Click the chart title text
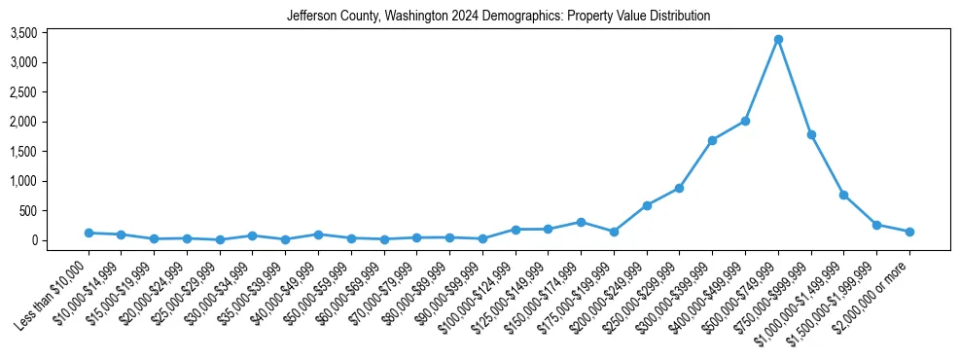tap(498, 17)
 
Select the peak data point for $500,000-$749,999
tap(778, 40)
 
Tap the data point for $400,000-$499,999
tap(745, 121)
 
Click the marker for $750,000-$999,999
tap(810, 134)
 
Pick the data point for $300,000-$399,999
tap(712, 140)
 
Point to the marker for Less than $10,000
tap(89, 233)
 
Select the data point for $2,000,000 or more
tap(909, 232)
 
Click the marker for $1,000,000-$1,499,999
tap(843, 195)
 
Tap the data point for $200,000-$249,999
tap(647, 205)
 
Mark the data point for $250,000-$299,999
tap(679, 188)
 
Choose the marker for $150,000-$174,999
tap(581, 222)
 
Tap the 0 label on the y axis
tap(61, 240)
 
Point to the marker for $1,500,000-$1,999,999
tap(876, 225)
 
